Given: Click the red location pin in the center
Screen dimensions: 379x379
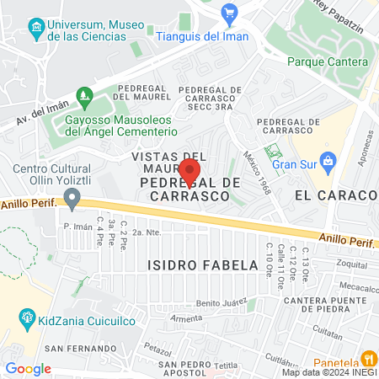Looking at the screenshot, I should tap(189, 171).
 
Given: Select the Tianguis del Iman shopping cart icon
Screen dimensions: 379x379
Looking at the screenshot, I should tap(230, 13).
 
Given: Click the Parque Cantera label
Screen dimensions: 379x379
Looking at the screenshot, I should tap(328, 61).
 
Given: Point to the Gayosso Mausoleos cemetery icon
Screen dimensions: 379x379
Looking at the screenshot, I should tap(83, 96).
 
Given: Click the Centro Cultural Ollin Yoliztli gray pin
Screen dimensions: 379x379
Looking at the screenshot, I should tap(72, 200).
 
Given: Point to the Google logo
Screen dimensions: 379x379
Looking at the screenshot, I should tap(28, 369).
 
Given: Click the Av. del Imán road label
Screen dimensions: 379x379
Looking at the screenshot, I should tap(40, 111).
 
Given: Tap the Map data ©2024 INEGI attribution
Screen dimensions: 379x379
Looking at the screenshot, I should tap(328, 372).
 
